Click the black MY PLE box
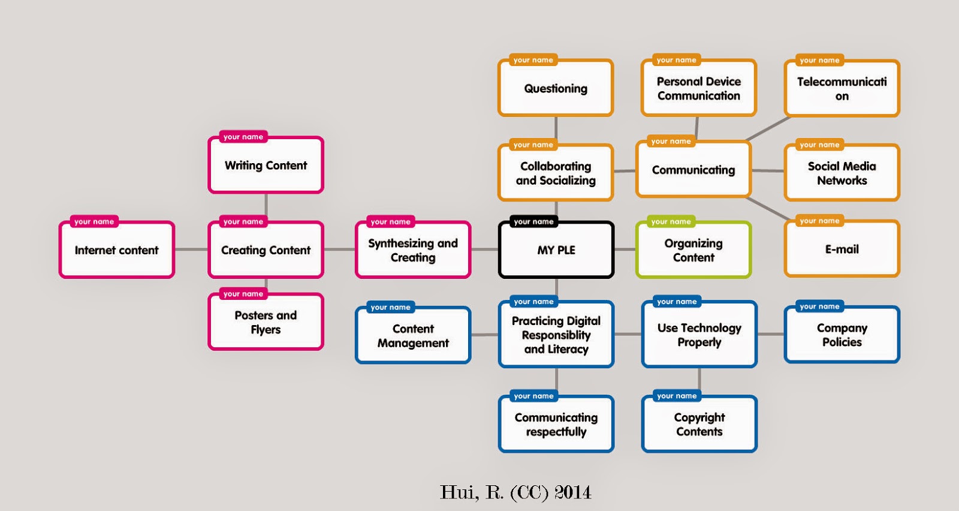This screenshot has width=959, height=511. pyautogui.click(x=556, y=250)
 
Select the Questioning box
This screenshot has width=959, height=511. pyautogui.click(x=556, y=89)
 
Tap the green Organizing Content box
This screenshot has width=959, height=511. pyautogui.click(x=693, y=250)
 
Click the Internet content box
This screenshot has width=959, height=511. pyautogui.click(x=116, y=250)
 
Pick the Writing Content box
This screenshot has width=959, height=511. pyautogui.click(x=266, y=166)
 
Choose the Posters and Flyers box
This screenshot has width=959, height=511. pyautogui.click(x=266, y=322)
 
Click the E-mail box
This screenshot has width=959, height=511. pyautogui.click(x=842, y=250)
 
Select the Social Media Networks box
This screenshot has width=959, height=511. pyautogui.click(x=842, y=173)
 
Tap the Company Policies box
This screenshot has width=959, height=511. pyautogui.click(x=842, y=335)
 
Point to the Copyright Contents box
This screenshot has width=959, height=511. pyautogui.click(x=699, y=424)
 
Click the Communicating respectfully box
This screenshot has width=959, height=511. pyautogui.click(x=556, y=424)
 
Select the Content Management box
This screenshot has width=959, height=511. pyautogui.click(x=413, y=336)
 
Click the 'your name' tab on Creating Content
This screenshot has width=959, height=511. pyautogui.click(x=243, y=222)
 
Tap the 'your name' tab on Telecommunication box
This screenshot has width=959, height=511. pyautogui.click(x=819, y=61)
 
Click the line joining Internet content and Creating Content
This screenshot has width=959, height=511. pyautogui.click(x=191, y=250)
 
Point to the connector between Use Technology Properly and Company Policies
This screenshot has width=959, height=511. pyautogui.click(x=771, y=334)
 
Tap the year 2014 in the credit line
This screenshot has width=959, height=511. pyautogui.click(x=572, y=492)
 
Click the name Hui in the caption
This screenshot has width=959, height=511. pyautogui.click(x=459, y=492)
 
